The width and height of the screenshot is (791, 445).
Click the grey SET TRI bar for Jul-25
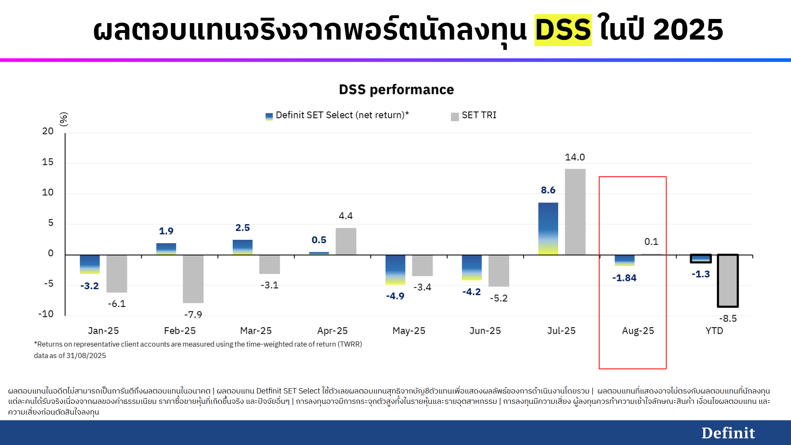(x=575, y=212)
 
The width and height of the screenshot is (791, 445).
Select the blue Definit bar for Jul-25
(x=548, y=229)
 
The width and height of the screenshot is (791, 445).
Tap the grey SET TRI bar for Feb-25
(x=193, y=279)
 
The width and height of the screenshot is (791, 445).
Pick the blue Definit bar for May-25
(x=395, y=270)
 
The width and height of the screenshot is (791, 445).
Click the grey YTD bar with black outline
(x=728, y=281)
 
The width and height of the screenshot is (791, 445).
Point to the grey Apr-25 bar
(x=346, y=241)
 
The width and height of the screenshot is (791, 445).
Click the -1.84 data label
(x=624, y=278)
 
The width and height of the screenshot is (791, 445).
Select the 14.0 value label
(x=575, y=157)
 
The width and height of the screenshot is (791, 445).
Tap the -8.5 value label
(x=728, y=319)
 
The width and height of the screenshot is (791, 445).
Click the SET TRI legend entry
(x=474, y=115)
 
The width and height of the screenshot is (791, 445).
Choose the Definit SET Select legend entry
(x=337, y=115)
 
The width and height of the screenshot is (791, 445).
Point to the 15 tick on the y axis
(x=48, y=162)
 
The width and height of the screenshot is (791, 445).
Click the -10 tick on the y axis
(x=46, y=314)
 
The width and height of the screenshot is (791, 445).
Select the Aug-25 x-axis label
(x=638, y=331)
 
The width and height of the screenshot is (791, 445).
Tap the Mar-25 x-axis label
(x=256, y=331)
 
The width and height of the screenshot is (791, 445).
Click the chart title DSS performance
(x=396, y=89)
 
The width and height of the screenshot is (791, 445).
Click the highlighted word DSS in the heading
(x=563, y=30)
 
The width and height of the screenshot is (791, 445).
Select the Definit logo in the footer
(x=728, y=433)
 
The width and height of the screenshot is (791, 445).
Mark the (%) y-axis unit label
(x=63, y=119)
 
